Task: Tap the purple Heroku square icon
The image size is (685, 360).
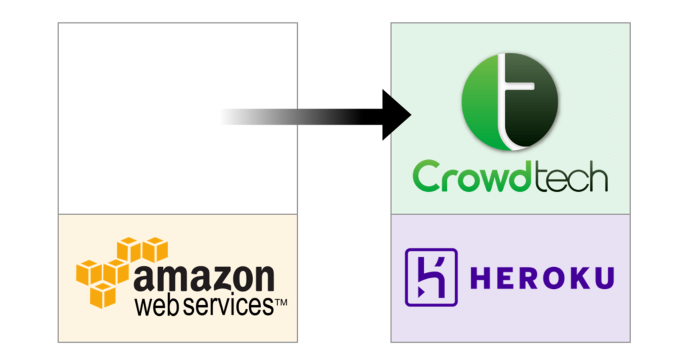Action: pos(430,277)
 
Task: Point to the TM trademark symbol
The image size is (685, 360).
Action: pos(281,303)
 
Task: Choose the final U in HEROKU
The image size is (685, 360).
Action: pos(604,278)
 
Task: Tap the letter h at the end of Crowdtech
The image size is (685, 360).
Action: pos(598,178)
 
